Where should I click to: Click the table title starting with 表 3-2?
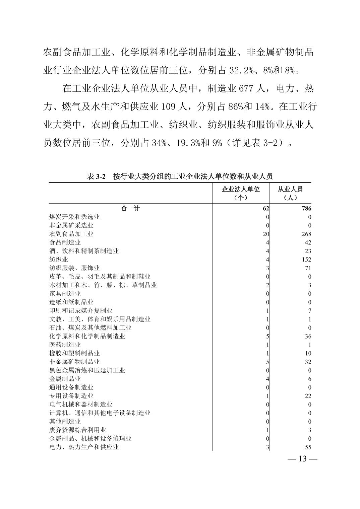[180, 176]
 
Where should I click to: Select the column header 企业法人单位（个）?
[241, 193]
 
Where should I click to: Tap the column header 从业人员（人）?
[290, 193]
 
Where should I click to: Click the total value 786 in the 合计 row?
[306, 208]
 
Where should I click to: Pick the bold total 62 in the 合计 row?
[265, 208]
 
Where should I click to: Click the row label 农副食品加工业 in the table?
[71, 234]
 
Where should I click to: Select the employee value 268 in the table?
[306, 234]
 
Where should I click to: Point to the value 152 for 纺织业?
[306, 260]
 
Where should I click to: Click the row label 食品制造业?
[65, 242]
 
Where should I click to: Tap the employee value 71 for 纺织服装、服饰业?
[308, 268]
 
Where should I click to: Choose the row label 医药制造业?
[65, 345]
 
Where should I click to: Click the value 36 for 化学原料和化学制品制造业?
[308, 336]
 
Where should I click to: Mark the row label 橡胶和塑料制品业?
[74, 353]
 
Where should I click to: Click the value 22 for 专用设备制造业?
[308, 396]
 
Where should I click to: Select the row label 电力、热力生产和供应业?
[84, 447]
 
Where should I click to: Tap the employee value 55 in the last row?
[308, 447]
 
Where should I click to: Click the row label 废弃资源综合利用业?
[78, 430]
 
